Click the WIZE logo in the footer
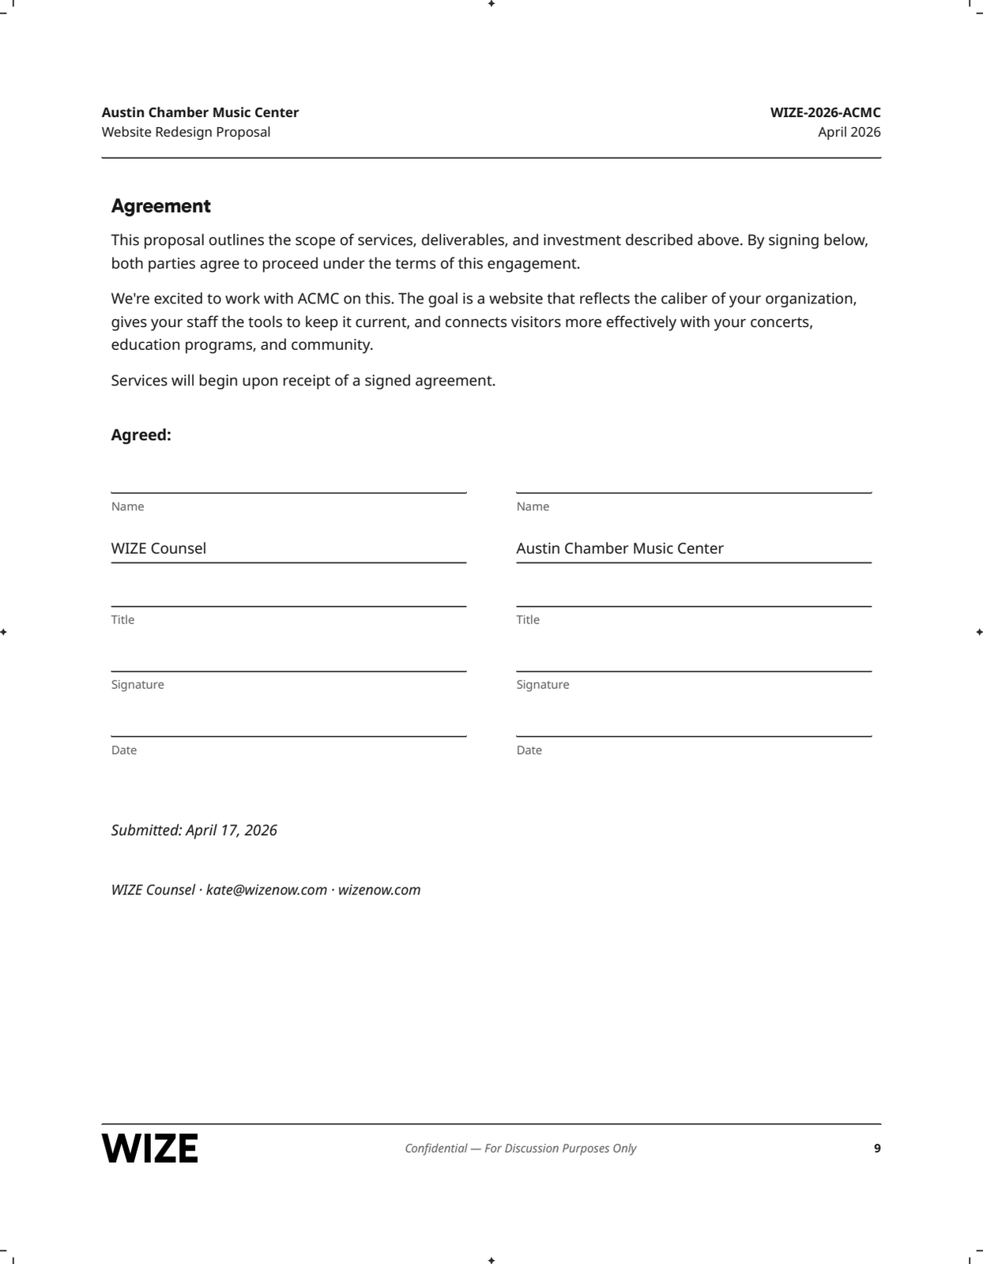(149, 1148)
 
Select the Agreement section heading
(160, 206)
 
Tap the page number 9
(876, 1149)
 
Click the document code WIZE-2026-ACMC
(825, 112)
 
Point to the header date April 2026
(849, 132)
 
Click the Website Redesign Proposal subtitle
(186, 132)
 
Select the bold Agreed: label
(141, 435)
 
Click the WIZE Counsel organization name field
(159, 548)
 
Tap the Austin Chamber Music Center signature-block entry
(620, 548)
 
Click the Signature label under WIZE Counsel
(137, 685)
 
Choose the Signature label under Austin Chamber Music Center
(543, 685)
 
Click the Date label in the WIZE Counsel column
(124, 750)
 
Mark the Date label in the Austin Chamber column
(529, 750)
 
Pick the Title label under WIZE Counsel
(122, 620)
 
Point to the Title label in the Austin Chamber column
(528, 620)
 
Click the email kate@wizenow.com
(266, 890)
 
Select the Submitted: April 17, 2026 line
(194, 830)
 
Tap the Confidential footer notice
(520, 1149)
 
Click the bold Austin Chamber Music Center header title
(200, 112)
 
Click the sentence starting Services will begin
(303, 381)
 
